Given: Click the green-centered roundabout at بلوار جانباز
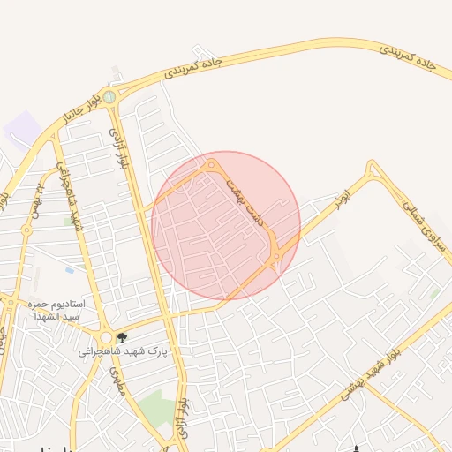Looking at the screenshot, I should pos(109,97).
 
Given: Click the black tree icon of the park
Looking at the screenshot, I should pos(122,337).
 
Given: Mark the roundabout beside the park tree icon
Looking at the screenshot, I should pos(105,337).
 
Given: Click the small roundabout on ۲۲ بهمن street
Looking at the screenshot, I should pos(27,230).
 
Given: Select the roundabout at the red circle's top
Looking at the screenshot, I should pos(211,164).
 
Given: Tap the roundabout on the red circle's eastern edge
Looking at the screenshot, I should pos(277,256).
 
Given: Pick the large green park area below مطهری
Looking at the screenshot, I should pos(154,407).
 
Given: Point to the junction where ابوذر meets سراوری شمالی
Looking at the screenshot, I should pos(372,167).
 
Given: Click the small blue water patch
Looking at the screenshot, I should pos(69,269).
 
